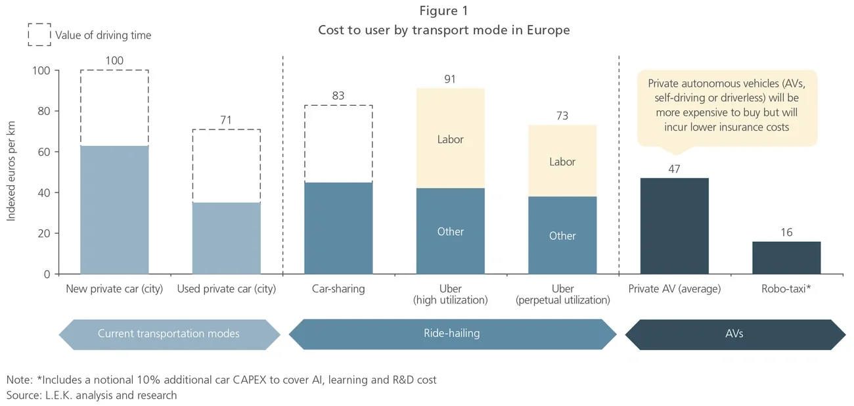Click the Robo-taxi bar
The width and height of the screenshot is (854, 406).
(x=786, y=258)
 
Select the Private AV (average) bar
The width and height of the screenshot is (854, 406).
(x=674, y=226)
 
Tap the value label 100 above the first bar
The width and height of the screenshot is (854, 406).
(x=114, y=61)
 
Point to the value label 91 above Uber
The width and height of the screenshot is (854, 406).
(x=450, y=79)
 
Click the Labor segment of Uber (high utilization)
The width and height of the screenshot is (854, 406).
(x=450, y=139)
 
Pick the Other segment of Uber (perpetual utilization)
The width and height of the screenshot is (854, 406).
(x=562, y=235)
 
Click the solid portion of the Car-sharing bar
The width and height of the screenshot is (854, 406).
(x=338, y=228)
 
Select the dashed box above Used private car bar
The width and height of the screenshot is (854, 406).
(x=226, y=166)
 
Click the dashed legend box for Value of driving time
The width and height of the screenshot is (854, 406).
(x=39, y=35)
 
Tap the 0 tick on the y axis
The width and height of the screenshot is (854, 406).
(x=47, y=274)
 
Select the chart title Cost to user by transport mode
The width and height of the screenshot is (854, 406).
(x=443, y=30)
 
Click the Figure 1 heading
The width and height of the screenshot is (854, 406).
(x=443, y=11)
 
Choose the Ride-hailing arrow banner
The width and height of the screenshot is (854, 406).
(x=452, y=334)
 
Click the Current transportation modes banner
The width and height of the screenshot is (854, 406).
(x=169, y=334)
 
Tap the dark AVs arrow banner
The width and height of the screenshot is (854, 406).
(x=735, y=334)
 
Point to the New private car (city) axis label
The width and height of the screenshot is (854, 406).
(x=114, y=289)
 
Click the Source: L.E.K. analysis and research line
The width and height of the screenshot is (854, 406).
(x=92, y=395)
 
